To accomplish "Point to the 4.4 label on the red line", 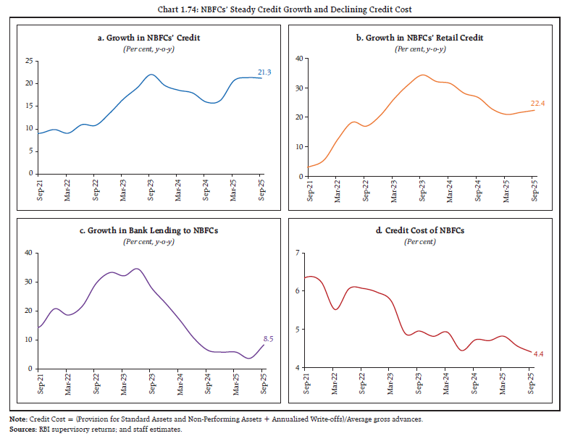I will (539, 354).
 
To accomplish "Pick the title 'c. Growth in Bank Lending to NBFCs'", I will (148, 230).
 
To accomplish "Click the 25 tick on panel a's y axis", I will (29, 61).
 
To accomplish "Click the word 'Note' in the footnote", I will (18, 418).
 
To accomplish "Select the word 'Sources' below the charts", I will (23, 430).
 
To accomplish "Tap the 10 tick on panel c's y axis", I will (29, 340).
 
